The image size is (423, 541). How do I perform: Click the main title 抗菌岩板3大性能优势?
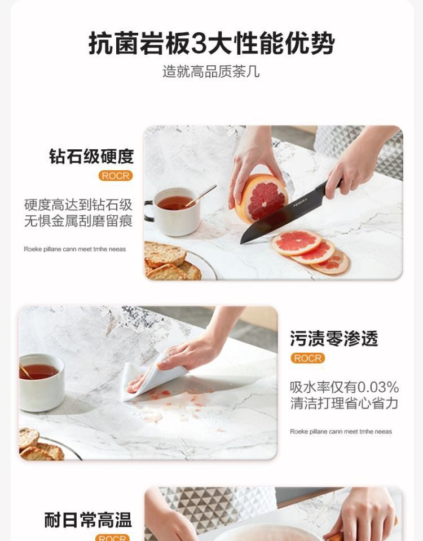(x=211, y=43)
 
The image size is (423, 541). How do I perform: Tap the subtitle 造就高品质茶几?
(x=211, y=72)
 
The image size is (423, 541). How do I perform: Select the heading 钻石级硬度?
(x=91, y=156)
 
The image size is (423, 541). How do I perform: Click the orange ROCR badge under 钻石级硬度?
(x=116, y=176)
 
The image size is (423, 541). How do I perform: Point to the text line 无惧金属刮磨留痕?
(x=78, y=221)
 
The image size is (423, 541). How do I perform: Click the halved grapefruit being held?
(x=261, y=199)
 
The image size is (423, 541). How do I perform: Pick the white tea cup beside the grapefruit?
(x=174, y=211)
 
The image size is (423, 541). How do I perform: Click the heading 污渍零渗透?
(x=334, y=339)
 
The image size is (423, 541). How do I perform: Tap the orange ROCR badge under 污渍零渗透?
(x=308, y=358)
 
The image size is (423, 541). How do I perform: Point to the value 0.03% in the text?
(x=378, y=387)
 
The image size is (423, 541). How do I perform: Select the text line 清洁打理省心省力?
(x=344, y=403)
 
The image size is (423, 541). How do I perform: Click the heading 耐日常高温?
(x=88, y=520)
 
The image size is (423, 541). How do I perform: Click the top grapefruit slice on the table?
(x=297, y=242)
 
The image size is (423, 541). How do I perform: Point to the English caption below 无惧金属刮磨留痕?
(x=75, y=249)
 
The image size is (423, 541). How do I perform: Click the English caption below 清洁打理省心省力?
(x=341, y=432)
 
